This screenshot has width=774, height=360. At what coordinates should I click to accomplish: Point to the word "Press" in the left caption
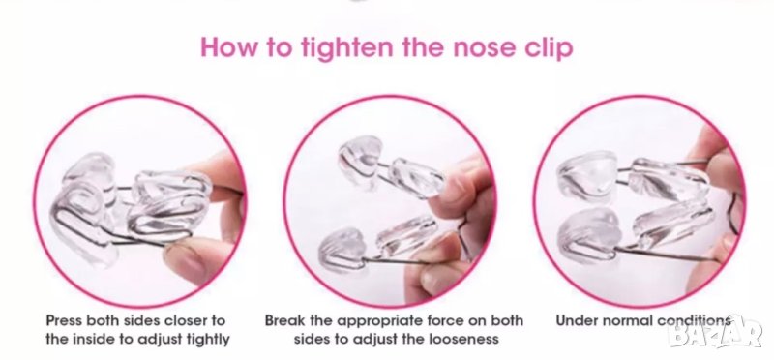(x=64, y=320)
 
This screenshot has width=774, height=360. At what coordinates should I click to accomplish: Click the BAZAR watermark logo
(x=715, y=332)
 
